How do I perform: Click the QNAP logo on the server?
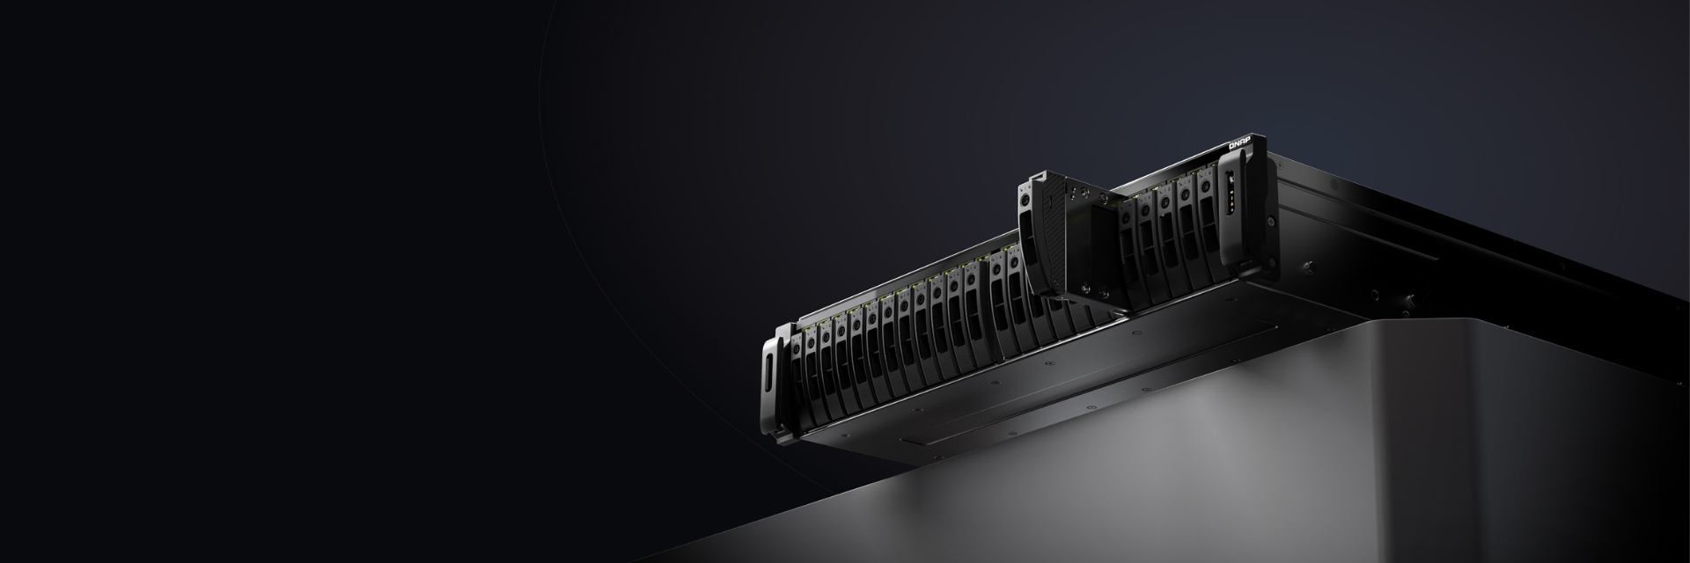pos(1241,144)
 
